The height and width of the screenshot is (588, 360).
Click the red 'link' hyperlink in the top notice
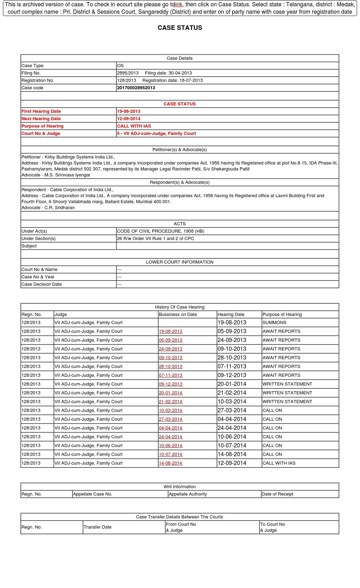178,5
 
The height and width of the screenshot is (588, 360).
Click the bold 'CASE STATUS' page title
180,28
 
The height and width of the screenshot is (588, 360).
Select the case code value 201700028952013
136,88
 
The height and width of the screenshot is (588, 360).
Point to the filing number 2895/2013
128,73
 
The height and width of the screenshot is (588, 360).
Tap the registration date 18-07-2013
190,80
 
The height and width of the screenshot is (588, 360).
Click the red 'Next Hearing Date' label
41,119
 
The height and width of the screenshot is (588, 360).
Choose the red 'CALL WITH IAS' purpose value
134,126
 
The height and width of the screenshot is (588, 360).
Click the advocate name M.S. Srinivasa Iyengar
67,175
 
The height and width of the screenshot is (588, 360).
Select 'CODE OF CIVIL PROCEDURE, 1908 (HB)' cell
160,231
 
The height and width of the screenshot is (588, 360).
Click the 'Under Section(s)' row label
39,239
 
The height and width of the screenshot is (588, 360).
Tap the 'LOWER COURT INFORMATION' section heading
180,262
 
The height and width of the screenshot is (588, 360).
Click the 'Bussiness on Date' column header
178,315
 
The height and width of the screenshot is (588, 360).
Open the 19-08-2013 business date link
171,331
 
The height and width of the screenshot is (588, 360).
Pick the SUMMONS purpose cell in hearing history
275,323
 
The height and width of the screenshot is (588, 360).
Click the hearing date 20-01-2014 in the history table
232,384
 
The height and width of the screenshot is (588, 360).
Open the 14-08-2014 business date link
171,463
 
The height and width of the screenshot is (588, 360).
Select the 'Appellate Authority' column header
188,494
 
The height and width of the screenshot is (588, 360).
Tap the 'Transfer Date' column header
97,527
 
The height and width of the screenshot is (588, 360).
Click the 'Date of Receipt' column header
277,494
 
